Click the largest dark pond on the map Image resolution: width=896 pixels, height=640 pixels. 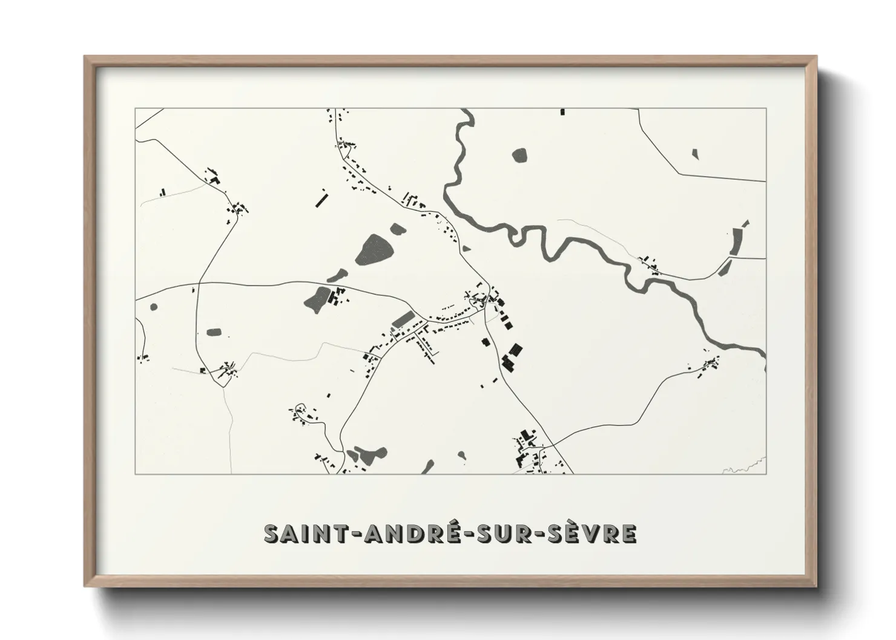[377, 249]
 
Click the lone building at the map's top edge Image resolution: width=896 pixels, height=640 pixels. [562, 112]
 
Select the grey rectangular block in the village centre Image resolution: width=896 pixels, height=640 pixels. [403, 318]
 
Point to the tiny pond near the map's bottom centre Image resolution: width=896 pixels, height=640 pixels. [462, 455]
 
